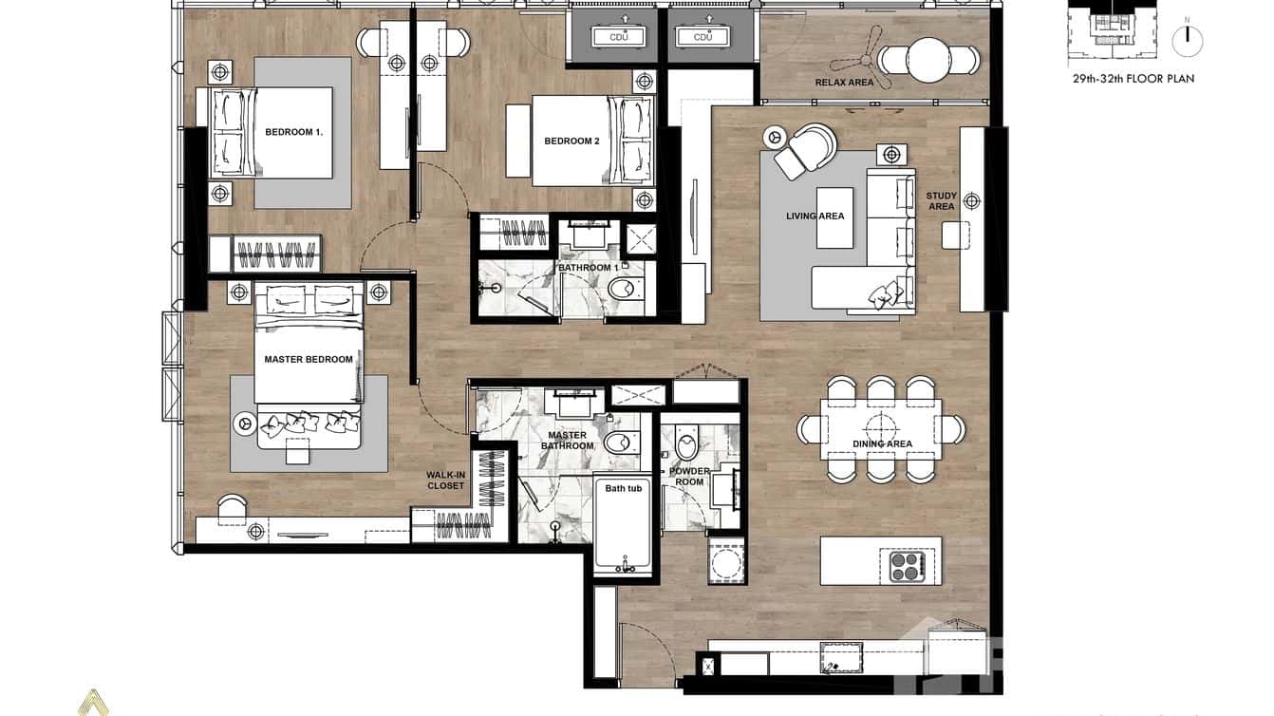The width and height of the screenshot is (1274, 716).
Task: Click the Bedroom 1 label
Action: (x=293, y=132)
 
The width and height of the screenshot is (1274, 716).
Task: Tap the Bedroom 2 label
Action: (x=571, y=141)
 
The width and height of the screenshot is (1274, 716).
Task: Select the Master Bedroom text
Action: (x=309, y=360)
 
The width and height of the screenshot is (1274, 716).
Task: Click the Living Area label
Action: (x=815, y=217)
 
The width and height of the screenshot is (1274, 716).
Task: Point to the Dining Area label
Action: (x=882, y=443)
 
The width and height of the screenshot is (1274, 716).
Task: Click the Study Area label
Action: (x=941, y=201)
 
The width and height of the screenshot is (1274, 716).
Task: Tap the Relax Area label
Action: (x=844, y=83)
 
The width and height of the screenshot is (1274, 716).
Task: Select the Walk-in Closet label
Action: (x=445, y=480)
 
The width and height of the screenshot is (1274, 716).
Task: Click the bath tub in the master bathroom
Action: (x=624, y=527)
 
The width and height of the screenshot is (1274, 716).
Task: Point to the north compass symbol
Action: (x=1186, y=39)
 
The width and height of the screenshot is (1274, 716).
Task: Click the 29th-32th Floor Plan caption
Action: (x=1133, y=79)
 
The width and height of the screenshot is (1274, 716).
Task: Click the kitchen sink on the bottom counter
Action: (x=842, y=658)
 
